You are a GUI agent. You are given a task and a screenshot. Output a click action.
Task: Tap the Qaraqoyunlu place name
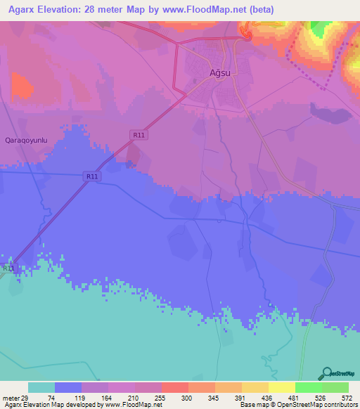tap(26, 140)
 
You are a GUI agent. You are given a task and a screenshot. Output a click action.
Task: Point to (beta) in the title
tap(258, 10)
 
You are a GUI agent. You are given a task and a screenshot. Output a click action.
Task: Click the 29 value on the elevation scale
tap(25, 397)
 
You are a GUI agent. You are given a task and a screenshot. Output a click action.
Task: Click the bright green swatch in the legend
tap(308, 387)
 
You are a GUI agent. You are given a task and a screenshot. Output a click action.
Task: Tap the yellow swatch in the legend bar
tap(281, 387)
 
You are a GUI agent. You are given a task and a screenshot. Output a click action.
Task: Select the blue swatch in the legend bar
tap(67, 387)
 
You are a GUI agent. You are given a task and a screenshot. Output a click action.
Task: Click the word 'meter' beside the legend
tap(10, 397)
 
